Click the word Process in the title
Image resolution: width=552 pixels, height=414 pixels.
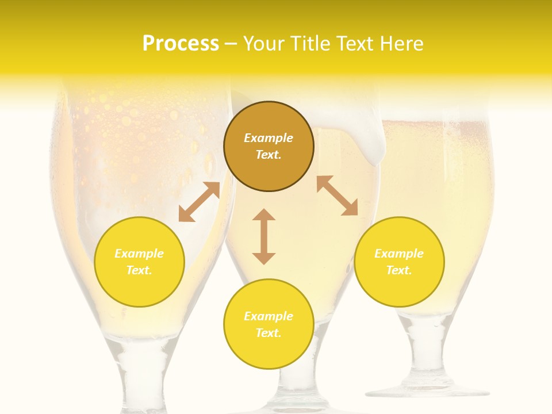point(181,44)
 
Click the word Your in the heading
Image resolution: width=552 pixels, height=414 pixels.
point(264,44)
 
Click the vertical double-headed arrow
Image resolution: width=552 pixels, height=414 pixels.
point(264,236)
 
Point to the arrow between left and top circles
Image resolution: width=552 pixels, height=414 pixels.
point(199,202)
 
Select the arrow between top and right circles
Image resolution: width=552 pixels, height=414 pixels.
point(337,195)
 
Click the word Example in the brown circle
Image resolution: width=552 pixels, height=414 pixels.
point(269,138)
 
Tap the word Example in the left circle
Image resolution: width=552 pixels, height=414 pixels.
point(139,254)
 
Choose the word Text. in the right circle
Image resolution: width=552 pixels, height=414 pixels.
point(399,270)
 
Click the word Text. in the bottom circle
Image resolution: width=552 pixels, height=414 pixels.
point(269,333)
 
